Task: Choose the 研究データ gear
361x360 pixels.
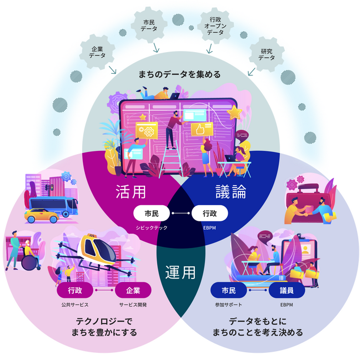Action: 267,54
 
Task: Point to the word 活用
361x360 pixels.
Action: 131,192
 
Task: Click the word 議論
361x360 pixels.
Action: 230,192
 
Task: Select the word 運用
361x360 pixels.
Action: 180,272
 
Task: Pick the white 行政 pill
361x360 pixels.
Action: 209,213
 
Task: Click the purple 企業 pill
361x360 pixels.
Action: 133,290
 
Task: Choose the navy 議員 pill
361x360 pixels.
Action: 287,290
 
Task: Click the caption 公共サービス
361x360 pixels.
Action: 75,305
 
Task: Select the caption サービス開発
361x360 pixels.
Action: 133,305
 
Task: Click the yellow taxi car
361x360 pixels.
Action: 43,214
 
